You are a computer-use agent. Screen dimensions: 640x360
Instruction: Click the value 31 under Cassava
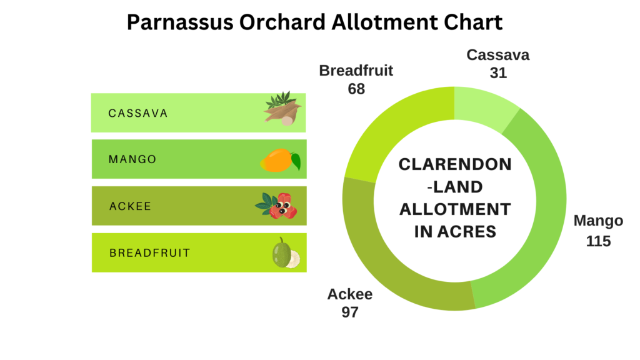point(498,73)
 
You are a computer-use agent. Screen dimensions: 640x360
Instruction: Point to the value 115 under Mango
point(598,241)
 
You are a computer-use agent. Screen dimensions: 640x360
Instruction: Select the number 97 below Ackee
point(350,312)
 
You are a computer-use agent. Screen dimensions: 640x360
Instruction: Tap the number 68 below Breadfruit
point(356,89)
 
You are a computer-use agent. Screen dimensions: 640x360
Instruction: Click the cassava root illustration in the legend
point(283,109)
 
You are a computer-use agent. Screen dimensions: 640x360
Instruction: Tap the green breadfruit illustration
point(286,254)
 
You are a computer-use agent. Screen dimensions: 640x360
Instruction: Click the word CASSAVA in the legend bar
point(138,113)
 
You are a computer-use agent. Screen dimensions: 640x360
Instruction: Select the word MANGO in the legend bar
point(132,159)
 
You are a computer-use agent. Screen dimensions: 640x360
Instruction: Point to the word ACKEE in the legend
point(130,206)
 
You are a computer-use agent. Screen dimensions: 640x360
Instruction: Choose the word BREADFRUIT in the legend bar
point(150,253)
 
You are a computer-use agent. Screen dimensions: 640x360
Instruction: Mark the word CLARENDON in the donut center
point(455,164)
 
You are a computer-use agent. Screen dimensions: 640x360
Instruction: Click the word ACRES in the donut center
point(467,231)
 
